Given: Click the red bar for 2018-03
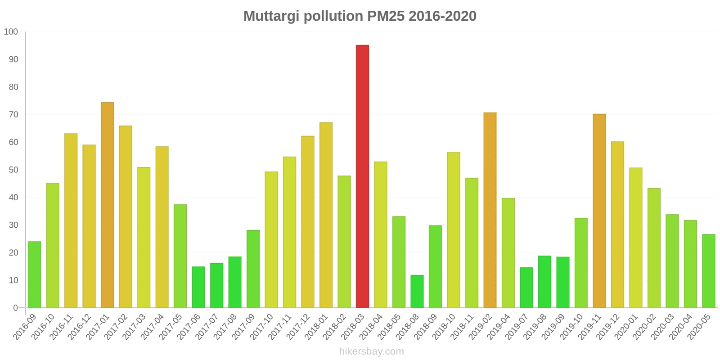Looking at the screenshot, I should coord(362,176).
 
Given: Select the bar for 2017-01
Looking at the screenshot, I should coord(107,205).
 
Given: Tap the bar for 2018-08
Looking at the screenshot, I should coord(417,292).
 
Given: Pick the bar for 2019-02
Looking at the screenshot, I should coord(490,210).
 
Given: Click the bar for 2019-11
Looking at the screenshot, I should coord(599,211).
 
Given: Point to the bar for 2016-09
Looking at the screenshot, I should coord(34,274).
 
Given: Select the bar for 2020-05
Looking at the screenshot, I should coord(709,271).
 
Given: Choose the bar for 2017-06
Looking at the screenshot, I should coord(198,287).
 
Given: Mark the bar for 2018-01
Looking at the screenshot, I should coord(326,215).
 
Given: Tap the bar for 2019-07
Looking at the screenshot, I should coord(526,288).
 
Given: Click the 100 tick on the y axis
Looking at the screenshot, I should coord(11,32).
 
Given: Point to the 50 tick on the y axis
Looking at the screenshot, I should coord(13,170).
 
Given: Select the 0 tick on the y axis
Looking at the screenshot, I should coord(16,308).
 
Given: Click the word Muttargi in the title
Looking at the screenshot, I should coord(271,16).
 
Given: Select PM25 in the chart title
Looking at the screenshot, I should coord(386,16).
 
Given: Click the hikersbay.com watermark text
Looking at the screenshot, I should coord(372,351).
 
